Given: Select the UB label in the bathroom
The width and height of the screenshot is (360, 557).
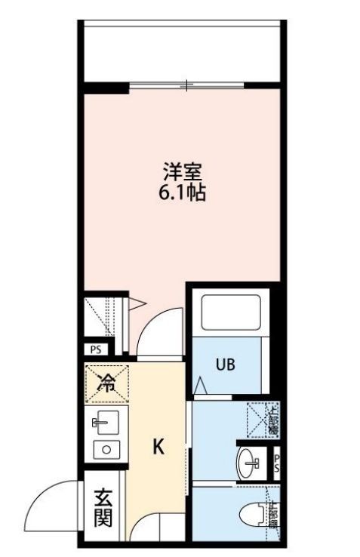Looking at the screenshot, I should click(x=226, y=365).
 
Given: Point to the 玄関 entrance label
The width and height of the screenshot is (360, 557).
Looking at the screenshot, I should click(x=103, y=508).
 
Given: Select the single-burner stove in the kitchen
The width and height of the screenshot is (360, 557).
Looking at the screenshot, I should click(x=105, y=450).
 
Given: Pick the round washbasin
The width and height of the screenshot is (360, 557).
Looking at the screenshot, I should click(x=248, y=461).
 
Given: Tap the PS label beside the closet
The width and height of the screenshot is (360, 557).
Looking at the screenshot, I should click(x=96, y=349).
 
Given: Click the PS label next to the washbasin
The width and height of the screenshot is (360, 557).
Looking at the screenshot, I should click(x=277, y=461).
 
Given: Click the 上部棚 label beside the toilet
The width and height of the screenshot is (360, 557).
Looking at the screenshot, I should click(x=272, y=515).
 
